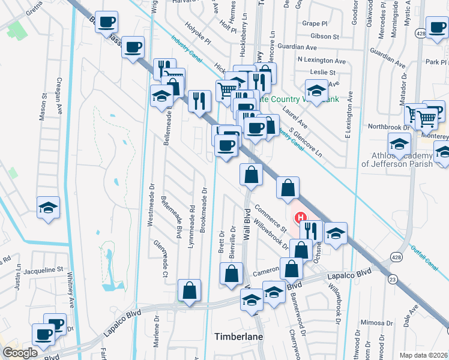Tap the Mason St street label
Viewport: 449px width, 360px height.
[x=43, y=107]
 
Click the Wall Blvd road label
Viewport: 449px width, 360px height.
[x=246, y=225]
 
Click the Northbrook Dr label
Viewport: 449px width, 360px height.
[x=388, y=127]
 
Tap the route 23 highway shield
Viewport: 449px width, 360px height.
[x=392, y=279]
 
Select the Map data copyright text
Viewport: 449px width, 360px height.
[x=423, y=355]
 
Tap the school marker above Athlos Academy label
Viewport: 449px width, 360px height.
[x=399, y=143]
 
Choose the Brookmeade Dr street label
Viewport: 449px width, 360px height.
[x=204, y=209]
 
